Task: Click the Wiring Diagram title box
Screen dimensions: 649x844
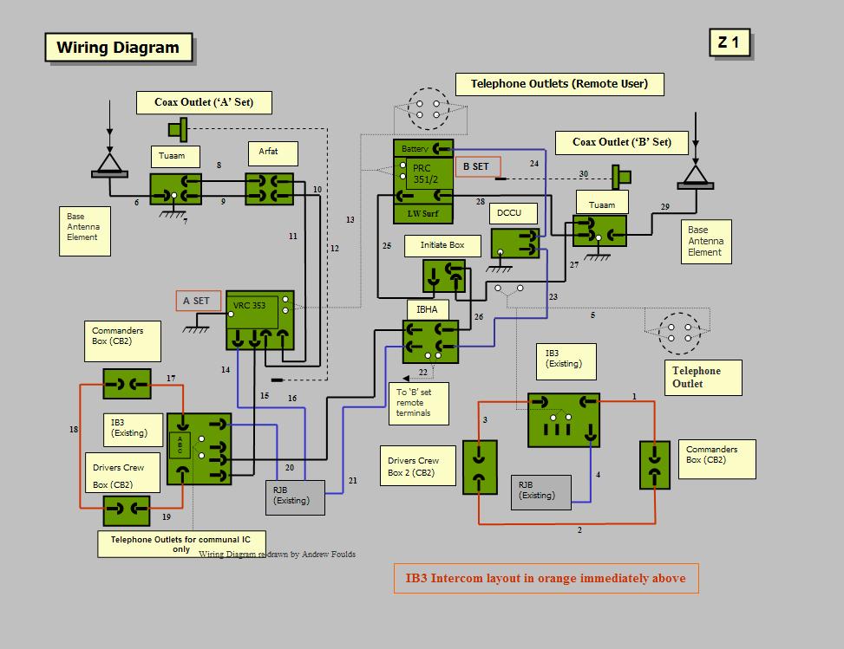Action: [x=118, y=48]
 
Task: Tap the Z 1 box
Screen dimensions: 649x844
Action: [x=729, y=42]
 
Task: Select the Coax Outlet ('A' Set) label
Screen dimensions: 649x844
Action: [x=204, y=102]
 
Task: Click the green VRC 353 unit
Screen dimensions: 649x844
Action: [x=260, y=320]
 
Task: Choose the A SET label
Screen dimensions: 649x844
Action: [x=197, y=301]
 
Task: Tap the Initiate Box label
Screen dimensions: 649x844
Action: [x=442, y=245]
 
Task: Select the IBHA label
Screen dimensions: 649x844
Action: [x=428, y=308]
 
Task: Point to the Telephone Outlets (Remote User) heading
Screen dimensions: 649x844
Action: [x=559, y=84]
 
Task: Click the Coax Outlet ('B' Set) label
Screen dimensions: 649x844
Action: [x=622, y=142]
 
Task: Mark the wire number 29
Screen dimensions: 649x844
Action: [x=665, y=206]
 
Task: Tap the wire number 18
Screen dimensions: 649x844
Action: [x=74, y=429]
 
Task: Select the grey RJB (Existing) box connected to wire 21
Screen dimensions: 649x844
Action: [x=294, y=496]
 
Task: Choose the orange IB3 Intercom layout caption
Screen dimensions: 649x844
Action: [x=546, y=578]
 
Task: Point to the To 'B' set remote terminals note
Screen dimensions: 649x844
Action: [x=421, y=404]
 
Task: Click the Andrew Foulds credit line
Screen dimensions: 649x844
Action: [x=277, y=554]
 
